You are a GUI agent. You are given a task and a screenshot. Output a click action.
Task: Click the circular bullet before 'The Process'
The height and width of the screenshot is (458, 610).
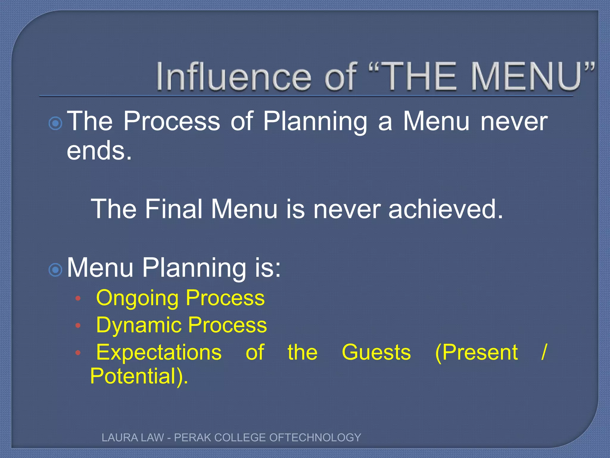55,123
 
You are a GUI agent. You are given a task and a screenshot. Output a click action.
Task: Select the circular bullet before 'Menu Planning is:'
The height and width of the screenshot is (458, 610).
55,270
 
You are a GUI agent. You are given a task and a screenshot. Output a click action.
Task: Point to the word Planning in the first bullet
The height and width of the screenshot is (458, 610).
315,122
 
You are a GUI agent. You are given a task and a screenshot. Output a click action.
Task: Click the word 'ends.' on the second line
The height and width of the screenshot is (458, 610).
99,151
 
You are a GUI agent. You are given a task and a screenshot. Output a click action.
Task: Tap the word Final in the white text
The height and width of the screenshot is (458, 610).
174,209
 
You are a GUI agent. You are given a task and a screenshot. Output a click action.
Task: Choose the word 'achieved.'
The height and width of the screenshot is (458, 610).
446,209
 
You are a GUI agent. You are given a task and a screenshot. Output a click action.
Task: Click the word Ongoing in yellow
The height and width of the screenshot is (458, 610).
137,298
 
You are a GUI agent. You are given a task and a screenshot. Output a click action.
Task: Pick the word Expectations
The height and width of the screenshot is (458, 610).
159,352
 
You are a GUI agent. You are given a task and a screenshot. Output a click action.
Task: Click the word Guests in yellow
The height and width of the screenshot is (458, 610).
376,352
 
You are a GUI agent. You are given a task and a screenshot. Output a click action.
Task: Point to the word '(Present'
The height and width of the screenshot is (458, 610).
476,352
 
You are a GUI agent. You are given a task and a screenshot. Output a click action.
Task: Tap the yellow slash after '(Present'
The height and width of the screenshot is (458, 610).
544,352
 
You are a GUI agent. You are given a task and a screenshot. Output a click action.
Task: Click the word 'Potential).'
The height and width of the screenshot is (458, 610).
139,376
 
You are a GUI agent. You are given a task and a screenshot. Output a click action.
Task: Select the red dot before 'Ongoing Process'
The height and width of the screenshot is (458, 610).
78,298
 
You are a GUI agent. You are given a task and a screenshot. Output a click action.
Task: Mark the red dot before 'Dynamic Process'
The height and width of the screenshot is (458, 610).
78,325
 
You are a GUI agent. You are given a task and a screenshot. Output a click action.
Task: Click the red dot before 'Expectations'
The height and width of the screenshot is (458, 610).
78,353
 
